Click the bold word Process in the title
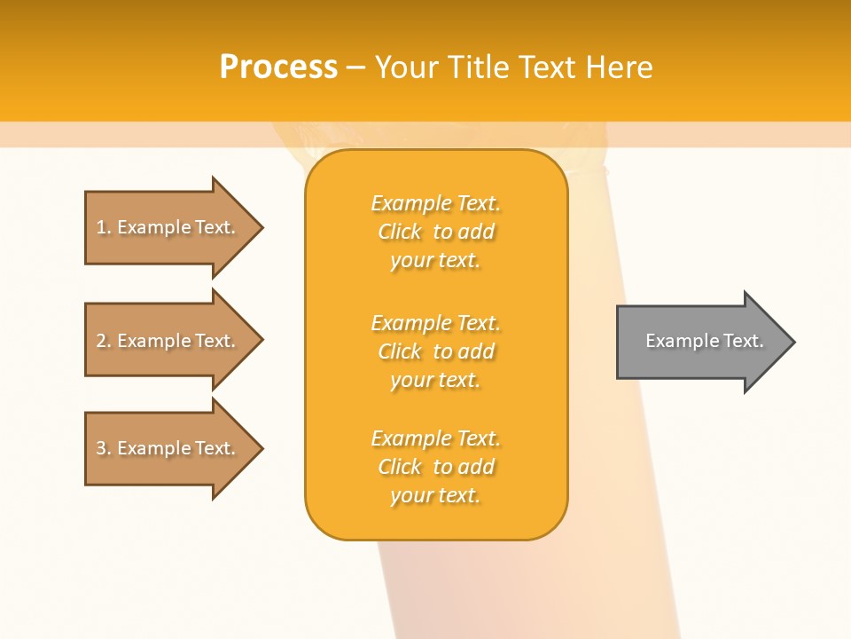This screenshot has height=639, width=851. [278, 67]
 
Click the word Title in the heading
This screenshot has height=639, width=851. [478, 67]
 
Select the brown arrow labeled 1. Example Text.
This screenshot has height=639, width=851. [160, 227]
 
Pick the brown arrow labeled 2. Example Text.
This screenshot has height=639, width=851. [160, 341]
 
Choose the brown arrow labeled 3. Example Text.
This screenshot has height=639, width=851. [160, 448]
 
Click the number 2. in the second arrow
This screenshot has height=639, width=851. [104, 341]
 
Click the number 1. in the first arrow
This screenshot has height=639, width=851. [104, 227]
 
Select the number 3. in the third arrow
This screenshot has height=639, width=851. [104, 448]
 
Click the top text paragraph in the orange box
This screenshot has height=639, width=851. [435, 232]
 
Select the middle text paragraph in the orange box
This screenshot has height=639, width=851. [435, 351]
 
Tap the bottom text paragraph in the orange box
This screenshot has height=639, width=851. [435, 467]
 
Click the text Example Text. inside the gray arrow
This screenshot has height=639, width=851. [704, 341]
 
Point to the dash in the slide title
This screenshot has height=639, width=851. [356, 68]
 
